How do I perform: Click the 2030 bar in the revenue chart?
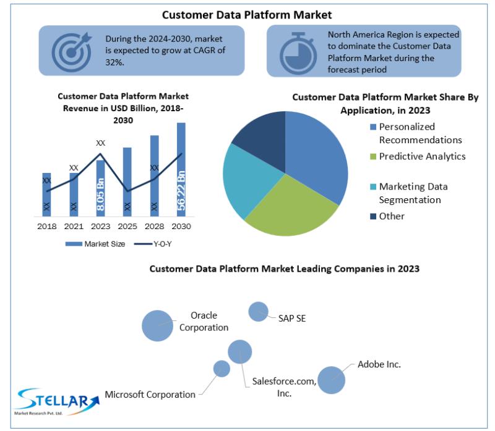pyautogui.click(x=181, y=170)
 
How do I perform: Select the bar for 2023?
pyautogui.click(x=100, y=188)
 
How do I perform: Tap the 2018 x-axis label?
pyautogui.click(x=47, y=226)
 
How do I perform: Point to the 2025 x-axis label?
pyautogui.click(x=127, y=226)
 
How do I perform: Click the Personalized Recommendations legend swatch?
pyautogui.click(x=373, y=127)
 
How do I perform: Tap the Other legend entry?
pyautogui.click(x=387, y=216)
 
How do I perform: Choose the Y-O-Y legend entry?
pyautogui.click(x=153, y=244)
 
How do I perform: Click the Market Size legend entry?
pyautogui.click(x=95, y=244)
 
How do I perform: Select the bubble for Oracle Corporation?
pyautogui.click(x=158, y=326)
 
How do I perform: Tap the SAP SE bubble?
pyautogui.click(x=258, y=312)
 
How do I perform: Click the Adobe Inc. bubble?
pyautogui.click(x=331, y=380)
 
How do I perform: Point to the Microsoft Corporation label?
pyautogui.click(x=150, y=395)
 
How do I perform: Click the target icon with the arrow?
pyautogui.click(x=72, y=52)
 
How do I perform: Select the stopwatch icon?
pyautogui.click(x=298, y=53)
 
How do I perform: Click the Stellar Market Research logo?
pyautogui.click(x=58, y=401)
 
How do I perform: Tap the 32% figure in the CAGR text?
pyautogui.click(x=114, y=62)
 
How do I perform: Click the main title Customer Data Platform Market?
pyautogui.click(x=247, y=15)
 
